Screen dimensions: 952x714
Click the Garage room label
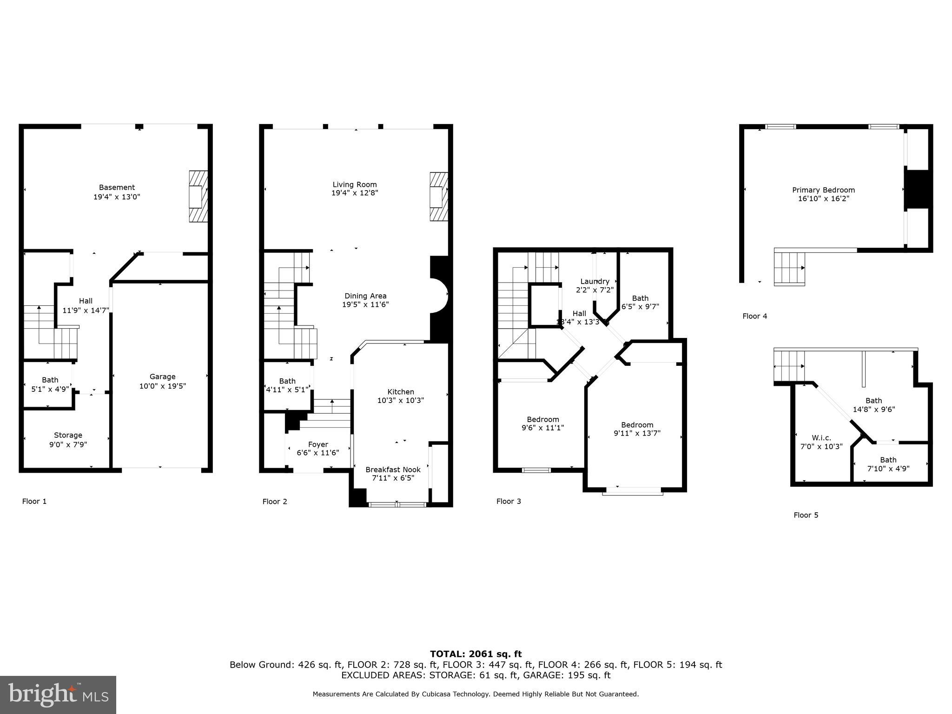point(162,377)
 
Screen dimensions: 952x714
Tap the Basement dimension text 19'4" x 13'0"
point(117,197)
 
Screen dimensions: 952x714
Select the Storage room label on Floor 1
point(68,435)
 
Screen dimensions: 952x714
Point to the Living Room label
point(355,185)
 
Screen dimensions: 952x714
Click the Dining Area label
point(365,296)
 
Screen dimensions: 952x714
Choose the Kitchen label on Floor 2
point(401,392)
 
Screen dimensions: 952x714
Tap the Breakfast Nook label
point(393,469)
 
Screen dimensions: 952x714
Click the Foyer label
point(318,444)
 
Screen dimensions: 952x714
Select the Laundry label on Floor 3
point(595,281)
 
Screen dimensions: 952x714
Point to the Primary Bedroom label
point(823,190)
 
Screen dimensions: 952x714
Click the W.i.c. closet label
point(821,438)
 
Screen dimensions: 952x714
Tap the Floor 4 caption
point(755,316)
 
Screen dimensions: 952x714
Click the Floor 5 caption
point(806,515)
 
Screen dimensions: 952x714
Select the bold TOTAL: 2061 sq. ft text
point(476,654)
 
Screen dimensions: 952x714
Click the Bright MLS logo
point(58,695)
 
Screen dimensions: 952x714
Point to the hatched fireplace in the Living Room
point(438,197)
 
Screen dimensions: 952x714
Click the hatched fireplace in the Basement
point(198,196)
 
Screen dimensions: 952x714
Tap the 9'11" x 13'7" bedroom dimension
point(637,433)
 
